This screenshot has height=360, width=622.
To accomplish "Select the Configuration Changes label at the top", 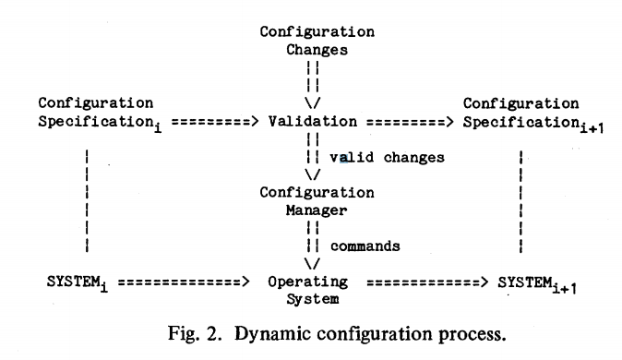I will click(x=317, y=41).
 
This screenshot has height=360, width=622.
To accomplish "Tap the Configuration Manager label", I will click(x=317, y=201).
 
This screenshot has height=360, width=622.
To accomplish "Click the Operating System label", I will click(x=308, y=290).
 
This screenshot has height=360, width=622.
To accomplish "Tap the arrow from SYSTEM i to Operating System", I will click(x=185, y=282).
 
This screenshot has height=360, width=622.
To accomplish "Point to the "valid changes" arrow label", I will click(x=387, y=157).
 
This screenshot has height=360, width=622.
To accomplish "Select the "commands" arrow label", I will click(x=365, y=246).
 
